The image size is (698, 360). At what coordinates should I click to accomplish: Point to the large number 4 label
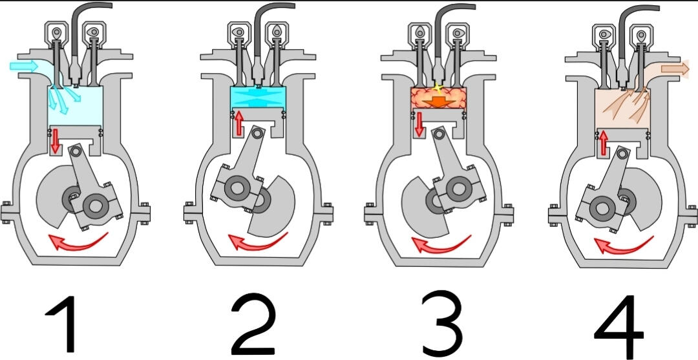pyautogui.click(x=619, y=325)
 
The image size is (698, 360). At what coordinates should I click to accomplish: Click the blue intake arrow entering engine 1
pyautogui.click(x=25, y=65)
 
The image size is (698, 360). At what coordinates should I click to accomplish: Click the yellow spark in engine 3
pyautogui.click(x=438, y=87)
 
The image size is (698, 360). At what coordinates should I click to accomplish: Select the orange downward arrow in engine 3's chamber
pyautogui.click(x=440, y=101)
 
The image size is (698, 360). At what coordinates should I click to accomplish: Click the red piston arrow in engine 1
pyautogui.click(x=55, y=140)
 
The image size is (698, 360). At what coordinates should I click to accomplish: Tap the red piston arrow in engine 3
pyautogui.click(x=419, y=123)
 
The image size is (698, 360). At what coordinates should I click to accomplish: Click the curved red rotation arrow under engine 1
pyautogui.click(x=78, y=242)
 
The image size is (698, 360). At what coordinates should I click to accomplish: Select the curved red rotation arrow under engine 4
pyautogui.click(x=622, y=245)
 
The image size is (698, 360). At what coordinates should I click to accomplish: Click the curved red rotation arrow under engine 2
pyautogui.click(x=259, y=242)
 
